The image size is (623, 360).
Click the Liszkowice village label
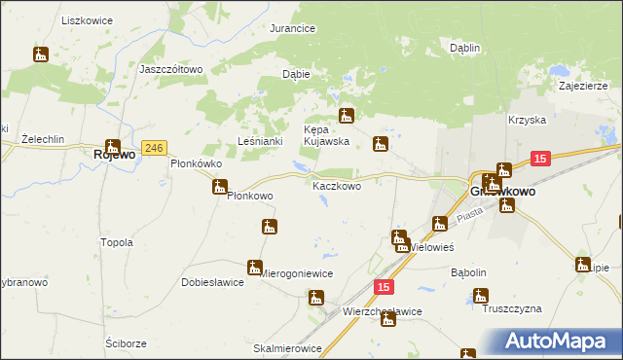pos(87,20)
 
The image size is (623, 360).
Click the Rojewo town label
pos(113,154)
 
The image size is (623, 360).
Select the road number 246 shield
pos(153,147)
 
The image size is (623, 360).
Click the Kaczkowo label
pos(337,186)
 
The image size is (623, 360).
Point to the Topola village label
pos(117,242)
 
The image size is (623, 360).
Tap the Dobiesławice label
pos(211,283)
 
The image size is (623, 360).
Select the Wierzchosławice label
pos(383,311)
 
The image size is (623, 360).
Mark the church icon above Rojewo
pos(113,145)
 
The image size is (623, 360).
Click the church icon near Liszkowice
pos(40,55)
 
